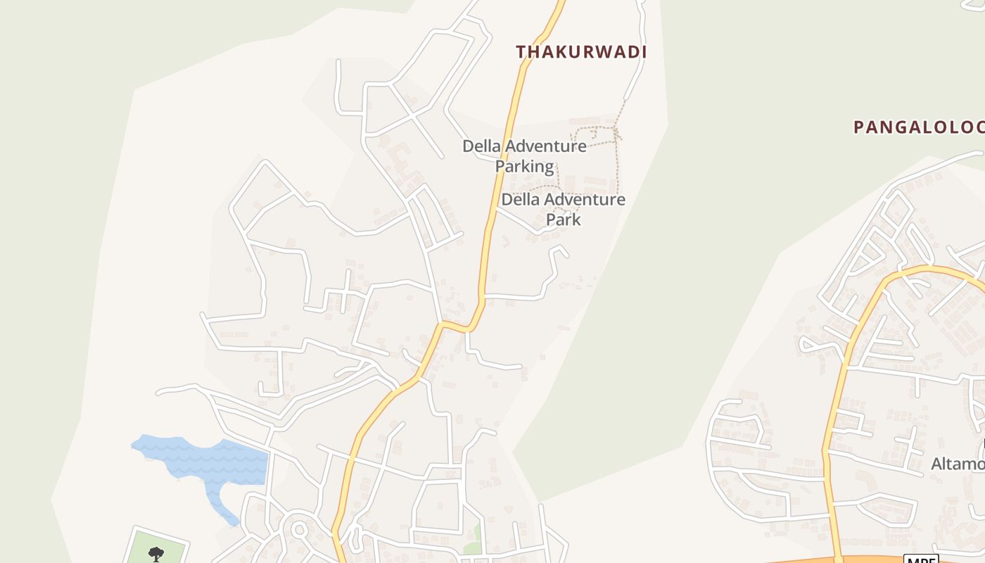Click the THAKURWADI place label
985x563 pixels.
pyautogui.click(x=581, y=52)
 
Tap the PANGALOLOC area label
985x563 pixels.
pyautogui.click(x=918, y=127)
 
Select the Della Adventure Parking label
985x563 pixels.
pyautogui.click(x=524, y=156)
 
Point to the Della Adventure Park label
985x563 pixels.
pyautogui.click(x=563, y=209)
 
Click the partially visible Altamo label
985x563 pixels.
pyautogui.click(x=957, y=464)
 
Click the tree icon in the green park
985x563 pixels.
pyautogui.click(x=155, y=553)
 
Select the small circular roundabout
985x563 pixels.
pyautogui.click(x=298, y=529)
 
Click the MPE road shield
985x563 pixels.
pyautogui.click(x=920, y=559)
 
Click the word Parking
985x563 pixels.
pyautogui.click(x=524, y=167)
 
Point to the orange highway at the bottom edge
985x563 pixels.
pyautogui.click(x=774, y=559)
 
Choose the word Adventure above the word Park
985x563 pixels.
pyautogui.click(x=581, y=200)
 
